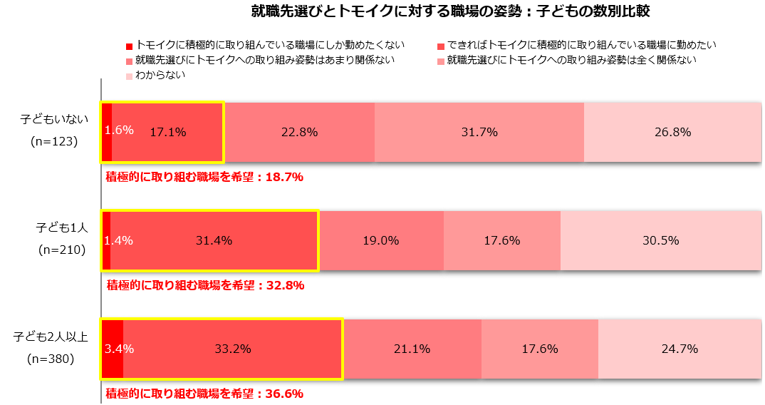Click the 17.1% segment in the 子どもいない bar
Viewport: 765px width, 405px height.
[168, 132]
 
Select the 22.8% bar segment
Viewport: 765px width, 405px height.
[299, 132]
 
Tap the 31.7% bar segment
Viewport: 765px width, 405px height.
[479, 132]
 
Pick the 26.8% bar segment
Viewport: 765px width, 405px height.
[673, 132]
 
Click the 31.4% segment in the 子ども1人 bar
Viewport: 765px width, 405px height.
[214, 240]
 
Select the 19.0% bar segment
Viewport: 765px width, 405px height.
[380, 240]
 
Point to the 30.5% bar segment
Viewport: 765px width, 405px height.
[661, 240]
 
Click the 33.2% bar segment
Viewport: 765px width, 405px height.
[233, 349]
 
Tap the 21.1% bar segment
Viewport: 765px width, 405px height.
[412, 349]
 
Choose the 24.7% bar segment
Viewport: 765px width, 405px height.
[680, 349]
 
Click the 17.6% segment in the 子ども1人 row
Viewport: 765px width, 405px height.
[502, 240]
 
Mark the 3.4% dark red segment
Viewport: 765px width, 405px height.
[113, 349]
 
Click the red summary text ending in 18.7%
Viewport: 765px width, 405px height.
[205, 177]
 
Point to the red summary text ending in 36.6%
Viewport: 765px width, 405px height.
[205, 394]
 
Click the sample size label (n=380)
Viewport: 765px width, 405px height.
[51, 359]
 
